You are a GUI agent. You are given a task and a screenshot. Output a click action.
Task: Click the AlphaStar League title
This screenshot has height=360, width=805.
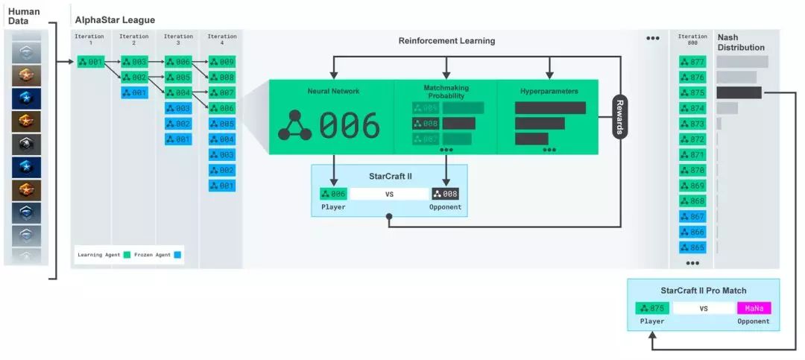point(115,20)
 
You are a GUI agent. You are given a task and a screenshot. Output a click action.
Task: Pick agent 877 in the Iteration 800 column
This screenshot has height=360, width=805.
point(692,62)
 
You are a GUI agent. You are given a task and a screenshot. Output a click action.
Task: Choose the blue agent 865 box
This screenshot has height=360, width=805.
point(692,247)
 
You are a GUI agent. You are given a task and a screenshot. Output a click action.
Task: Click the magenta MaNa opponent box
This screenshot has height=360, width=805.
point(754,308)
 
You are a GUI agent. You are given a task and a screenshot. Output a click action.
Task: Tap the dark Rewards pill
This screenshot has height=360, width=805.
point(619,116)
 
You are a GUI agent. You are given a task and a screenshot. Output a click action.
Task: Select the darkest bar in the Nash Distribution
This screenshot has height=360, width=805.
point(739,92)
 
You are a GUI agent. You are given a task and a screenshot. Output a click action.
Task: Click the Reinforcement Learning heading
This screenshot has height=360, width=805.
point(446,41)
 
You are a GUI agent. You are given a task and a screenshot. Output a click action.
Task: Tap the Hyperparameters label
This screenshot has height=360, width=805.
point(549,92)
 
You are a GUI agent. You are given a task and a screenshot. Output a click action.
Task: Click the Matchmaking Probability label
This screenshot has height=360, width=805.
point(446,92)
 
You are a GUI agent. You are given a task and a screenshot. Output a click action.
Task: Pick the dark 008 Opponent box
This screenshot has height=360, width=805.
point(445,194)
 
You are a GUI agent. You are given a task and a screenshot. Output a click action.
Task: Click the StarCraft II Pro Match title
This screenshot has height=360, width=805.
point(703,290)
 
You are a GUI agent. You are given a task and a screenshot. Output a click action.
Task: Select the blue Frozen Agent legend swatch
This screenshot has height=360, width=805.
point(176,255)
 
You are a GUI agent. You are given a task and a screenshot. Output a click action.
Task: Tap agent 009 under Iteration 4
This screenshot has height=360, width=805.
point(221,62)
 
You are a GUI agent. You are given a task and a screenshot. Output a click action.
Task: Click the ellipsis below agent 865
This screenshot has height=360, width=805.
point(692,263)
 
